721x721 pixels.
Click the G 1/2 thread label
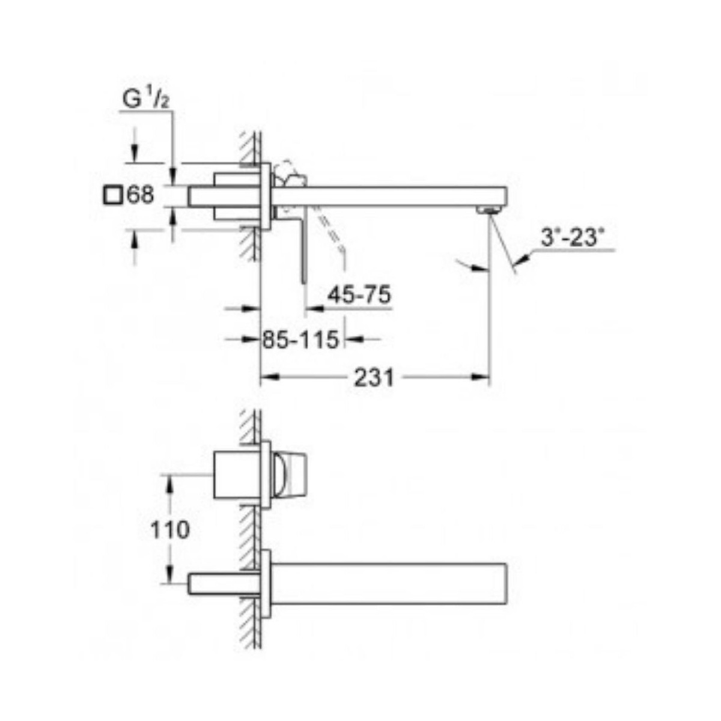tap(145, 100)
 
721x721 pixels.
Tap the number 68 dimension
tap(141, 195)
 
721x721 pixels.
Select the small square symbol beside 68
tap(112, 195)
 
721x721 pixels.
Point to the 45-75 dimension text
tap(359, 295)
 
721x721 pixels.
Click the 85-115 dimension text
tap(300, 340)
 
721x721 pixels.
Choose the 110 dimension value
tap(170, 530)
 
